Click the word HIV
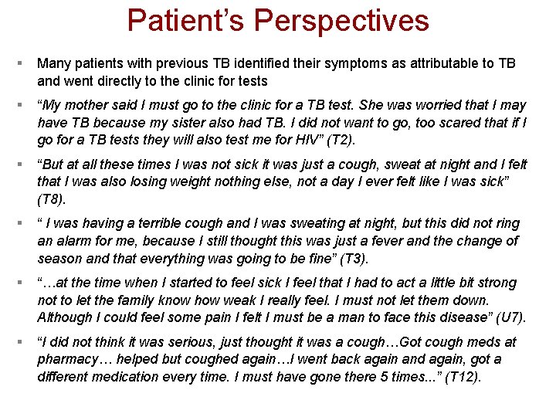[x=313, y=141]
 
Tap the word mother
[x=91, y=105]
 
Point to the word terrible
[x=154, y=223]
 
